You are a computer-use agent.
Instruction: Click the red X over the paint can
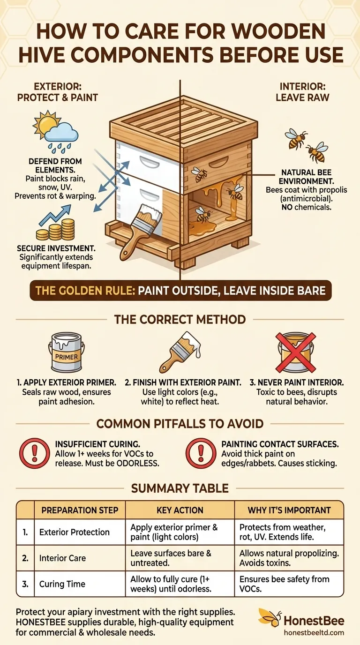tap(296, 352)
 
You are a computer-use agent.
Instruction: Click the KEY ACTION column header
tap(180, 510)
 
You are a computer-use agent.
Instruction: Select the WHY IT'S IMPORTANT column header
tap(289, 510)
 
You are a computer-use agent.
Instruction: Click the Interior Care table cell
tap(62, 558)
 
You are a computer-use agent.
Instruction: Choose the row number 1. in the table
tap(25, 532)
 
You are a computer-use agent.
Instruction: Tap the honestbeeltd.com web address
tap(314, 632)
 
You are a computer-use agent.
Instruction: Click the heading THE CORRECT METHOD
tap(180, 320)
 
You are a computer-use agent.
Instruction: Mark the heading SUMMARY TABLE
tap(180, 488)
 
